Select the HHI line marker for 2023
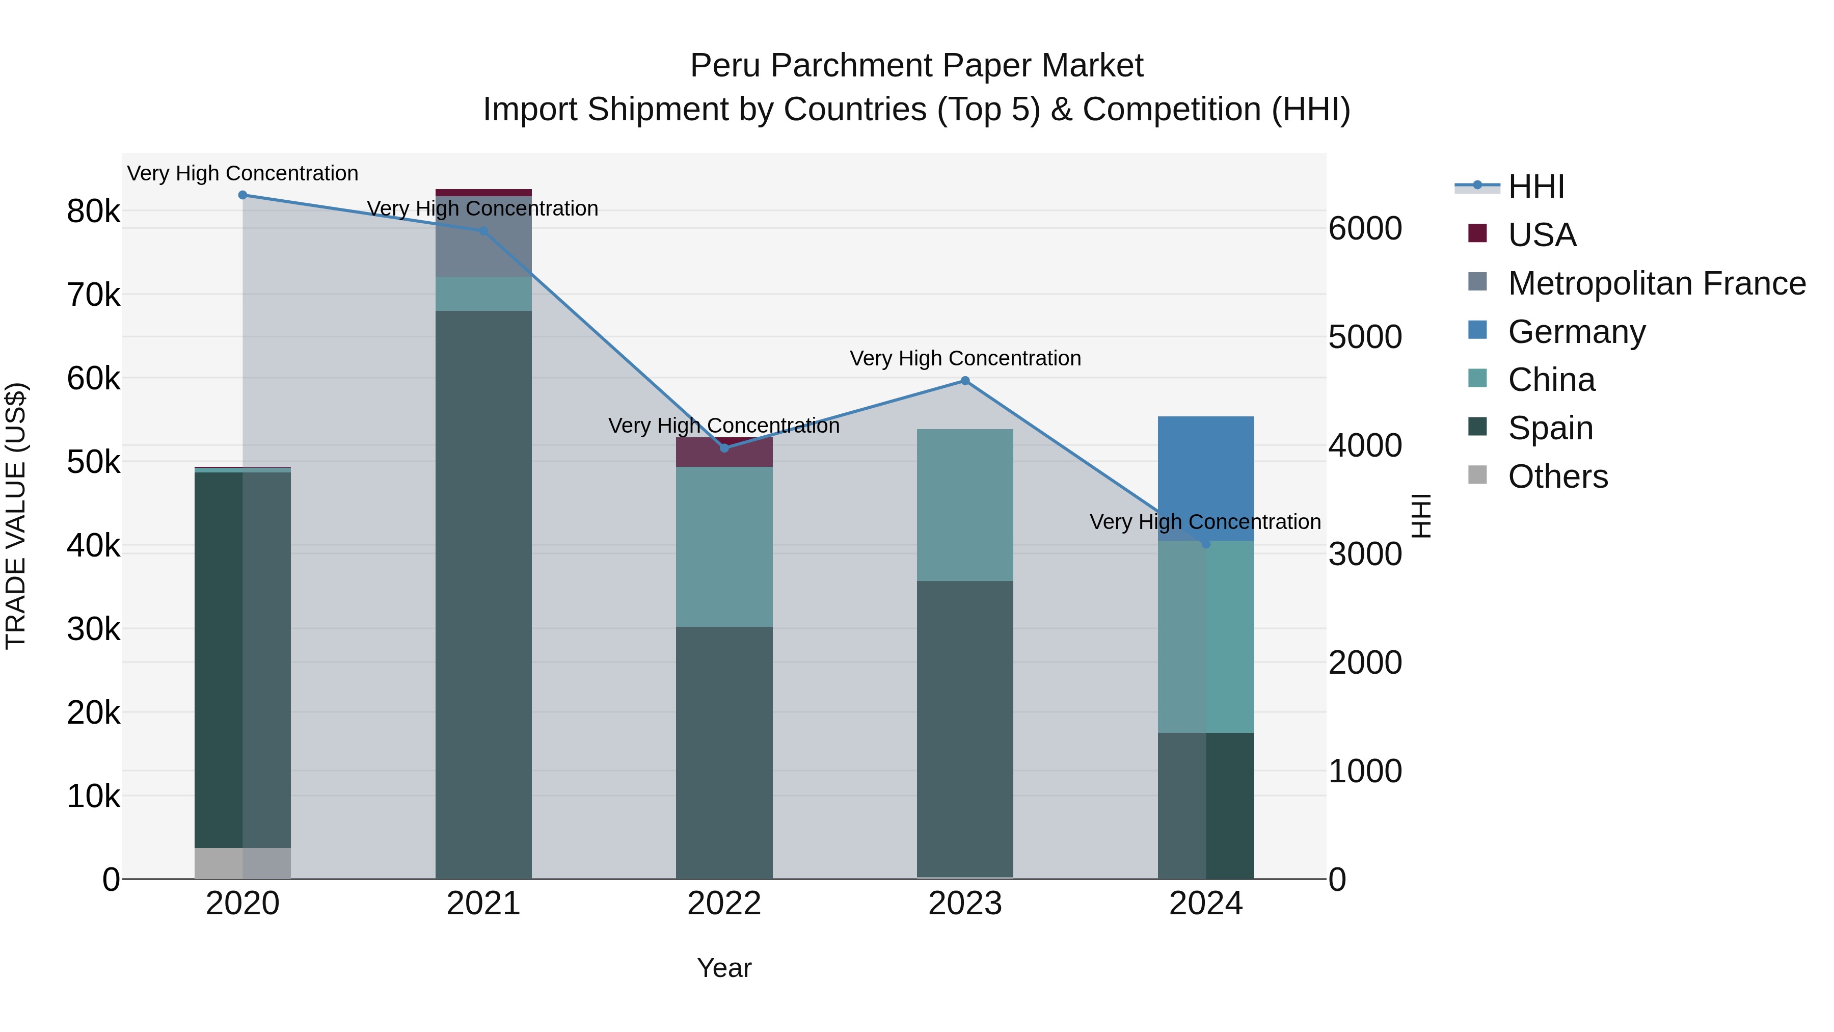click(965, 380)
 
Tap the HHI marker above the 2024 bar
click(1205, 543)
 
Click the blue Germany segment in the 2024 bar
click(1205, 477)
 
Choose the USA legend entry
click(1542, 234)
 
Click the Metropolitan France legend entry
click(1656, 283)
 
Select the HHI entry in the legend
click(1535, 186)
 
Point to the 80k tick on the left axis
click(93, 211)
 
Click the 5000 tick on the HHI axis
click(1365, 337)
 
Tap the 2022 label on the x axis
click(724, 904)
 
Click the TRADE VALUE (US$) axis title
click(16, 516)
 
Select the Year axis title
click(724, 968)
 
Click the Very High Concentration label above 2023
click(965, 358)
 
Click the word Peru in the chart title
click(725, 66)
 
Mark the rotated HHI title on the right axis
click(1420, 516)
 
